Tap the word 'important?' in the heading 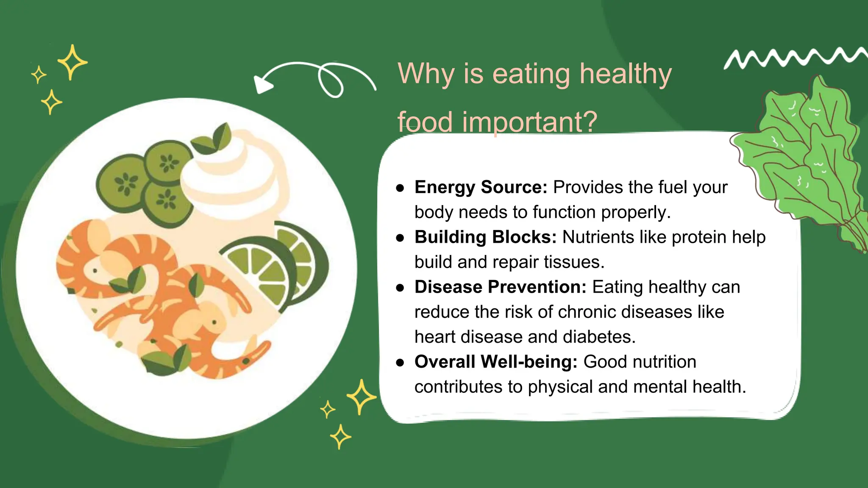pos(529,122)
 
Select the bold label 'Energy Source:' pos(481,187)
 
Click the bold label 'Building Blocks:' pos(485,237)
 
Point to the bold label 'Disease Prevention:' pos(500,287)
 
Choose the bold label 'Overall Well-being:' pos(496,362)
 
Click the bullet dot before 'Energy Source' pos(400,189)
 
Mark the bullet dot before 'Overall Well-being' pos(400,363)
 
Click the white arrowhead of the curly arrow pos(262,84)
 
